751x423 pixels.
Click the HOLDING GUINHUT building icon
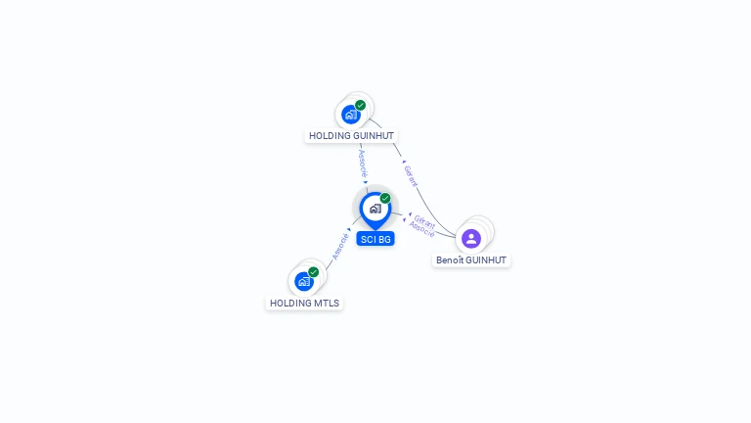click(350, 114)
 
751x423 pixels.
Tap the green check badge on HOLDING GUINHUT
click(361, 105)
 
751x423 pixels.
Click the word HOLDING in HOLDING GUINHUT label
click(330, 136)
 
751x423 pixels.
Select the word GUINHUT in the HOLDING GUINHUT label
click(374, 136)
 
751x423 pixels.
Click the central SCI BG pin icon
click(375, 209)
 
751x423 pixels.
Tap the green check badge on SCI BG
click(385, 198)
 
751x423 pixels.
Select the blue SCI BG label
click(375, 239)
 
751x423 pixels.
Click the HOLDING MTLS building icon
click(304, 281)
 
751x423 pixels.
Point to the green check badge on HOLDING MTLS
click(314, 271)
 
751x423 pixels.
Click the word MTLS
click(328, 304)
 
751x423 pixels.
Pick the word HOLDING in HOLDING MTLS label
click(290, 304)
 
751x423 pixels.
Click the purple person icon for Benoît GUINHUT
click(471, 238)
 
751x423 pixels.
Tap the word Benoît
click(449, 260)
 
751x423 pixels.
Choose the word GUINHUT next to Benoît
click(485, 260)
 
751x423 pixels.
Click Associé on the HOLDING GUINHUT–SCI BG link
click(363, 162)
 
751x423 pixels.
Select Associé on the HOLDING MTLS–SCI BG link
click(339, 246)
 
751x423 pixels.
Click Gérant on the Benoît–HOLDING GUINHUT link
click(411, 176)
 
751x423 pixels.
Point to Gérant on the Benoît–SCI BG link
click(424, 220)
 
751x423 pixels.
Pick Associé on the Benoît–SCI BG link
click(421, 229)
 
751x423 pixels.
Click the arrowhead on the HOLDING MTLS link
click(348, 231)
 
